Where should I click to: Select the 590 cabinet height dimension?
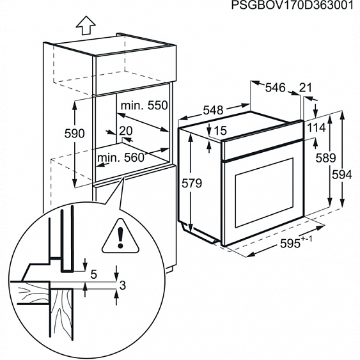tap(75, 134)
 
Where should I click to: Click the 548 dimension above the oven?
tap(212, 111)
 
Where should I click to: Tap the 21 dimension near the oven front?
tap(306, 88)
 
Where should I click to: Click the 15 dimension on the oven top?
tap(221, 130)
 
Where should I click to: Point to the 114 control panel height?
tap(317, 128)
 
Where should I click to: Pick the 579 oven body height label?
tap(191, 184)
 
